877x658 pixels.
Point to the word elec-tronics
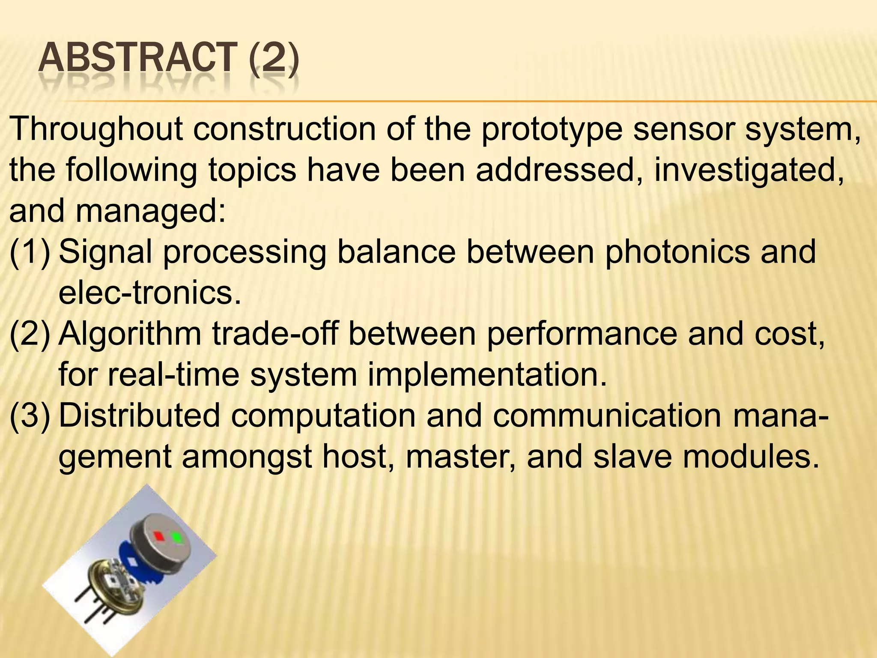(x=150, y=293)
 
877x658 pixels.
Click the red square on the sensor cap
(x=158, y=535)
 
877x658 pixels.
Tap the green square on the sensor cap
(x=176, y=537)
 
